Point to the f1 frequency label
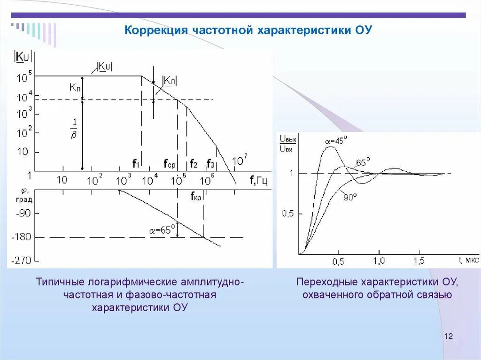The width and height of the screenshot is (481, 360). (136, 164)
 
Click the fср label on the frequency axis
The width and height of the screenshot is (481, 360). (170, 164)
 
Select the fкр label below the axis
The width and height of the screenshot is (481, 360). (196, 197)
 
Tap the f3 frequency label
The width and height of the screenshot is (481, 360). (211, 164)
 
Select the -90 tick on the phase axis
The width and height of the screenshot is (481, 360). (23, 213)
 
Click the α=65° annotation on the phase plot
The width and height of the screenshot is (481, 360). (162, 230)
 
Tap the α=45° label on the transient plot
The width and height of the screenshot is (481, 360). (335, 140)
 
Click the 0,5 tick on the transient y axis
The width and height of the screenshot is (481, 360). (288, 214)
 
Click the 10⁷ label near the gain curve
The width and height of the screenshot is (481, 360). (240, 161)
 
